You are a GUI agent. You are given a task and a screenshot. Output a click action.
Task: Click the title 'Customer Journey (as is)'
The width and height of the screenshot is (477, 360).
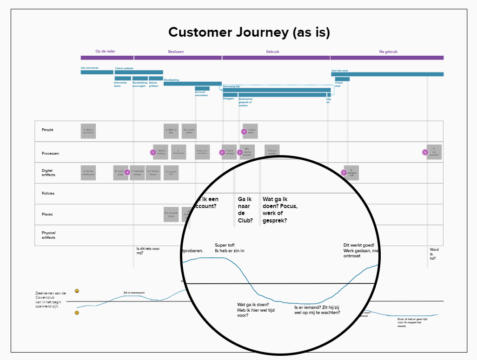point(249,32)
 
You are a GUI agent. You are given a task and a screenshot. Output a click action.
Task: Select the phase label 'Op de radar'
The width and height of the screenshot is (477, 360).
point(105,52)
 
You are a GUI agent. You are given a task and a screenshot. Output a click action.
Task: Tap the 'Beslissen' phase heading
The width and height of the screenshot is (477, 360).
point(176,52)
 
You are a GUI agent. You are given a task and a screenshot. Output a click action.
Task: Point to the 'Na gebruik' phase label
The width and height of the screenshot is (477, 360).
point(388,52)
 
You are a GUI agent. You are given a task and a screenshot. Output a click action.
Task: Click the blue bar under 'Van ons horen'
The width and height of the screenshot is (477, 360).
point(97,72)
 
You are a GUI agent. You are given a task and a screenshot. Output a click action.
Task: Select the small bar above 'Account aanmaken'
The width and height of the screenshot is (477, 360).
point(202,88)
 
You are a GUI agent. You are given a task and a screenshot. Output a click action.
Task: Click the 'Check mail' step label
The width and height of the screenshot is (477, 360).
point(339,84)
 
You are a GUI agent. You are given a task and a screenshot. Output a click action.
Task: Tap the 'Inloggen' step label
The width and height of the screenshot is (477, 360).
point(228,98)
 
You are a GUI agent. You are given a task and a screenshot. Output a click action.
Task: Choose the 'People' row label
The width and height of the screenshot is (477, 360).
point(47,130)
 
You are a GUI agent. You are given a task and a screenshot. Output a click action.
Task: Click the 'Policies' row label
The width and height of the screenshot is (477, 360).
point(48,193)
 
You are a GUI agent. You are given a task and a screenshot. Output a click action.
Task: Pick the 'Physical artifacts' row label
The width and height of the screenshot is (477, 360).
point(48,235)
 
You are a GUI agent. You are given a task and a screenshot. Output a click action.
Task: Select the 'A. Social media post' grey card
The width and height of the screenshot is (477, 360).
point(88,172)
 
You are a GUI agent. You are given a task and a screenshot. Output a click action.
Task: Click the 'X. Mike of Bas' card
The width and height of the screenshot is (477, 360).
point(171,131)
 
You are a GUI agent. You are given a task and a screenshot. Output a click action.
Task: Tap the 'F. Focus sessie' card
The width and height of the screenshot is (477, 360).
point(272,151)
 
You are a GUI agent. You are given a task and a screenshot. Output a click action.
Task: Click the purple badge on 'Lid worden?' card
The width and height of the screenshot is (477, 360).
point(425,152)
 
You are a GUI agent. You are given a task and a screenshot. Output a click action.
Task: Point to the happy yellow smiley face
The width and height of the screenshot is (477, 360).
point(77,291)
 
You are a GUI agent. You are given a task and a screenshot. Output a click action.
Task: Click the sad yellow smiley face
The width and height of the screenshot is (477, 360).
point(77,313)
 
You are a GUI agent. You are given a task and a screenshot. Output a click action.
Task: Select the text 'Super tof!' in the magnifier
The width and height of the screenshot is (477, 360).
point(225,245)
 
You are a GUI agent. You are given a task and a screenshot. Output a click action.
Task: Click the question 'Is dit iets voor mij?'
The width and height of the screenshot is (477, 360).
point(148,251)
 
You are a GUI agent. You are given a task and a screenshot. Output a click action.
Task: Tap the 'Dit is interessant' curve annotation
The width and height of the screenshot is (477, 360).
point(134,293)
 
